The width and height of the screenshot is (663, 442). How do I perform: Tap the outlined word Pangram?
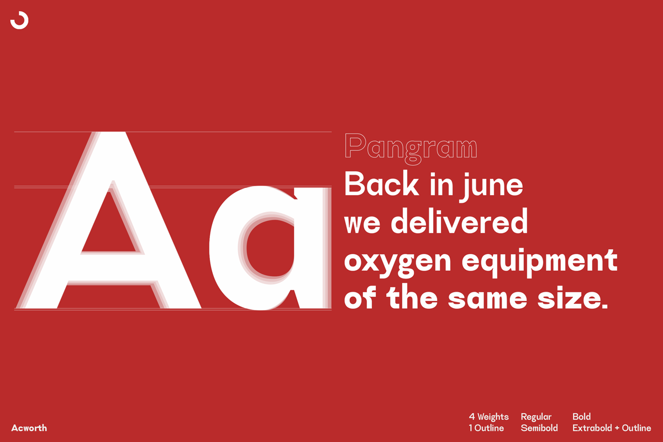[x=411, y=149]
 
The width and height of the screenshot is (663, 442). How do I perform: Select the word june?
[x=491, y=187]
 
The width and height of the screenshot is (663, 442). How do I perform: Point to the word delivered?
[x=459, y=221]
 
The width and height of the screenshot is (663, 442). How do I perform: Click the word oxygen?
[x=397, y=263]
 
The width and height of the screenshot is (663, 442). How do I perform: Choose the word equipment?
[x=540, y=262]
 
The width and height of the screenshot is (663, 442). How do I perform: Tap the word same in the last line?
[x=487, y=299]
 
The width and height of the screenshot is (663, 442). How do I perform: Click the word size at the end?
[x=573, y=298]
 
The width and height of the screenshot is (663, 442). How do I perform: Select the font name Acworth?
[x=29, y=428]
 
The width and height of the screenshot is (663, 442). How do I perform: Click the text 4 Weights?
[x=488, y=417]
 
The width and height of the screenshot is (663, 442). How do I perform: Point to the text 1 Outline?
[x=486, y=428]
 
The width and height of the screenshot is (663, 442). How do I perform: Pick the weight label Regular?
[x=536, y=417]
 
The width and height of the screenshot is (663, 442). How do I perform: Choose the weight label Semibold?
[x=539, y=428]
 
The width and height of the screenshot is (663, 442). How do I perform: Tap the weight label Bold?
[x=581, y=417]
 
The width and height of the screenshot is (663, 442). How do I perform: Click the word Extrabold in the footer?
[x=592, y=428]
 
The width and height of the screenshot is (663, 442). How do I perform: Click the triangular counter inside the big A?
[x=109, y=228]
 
